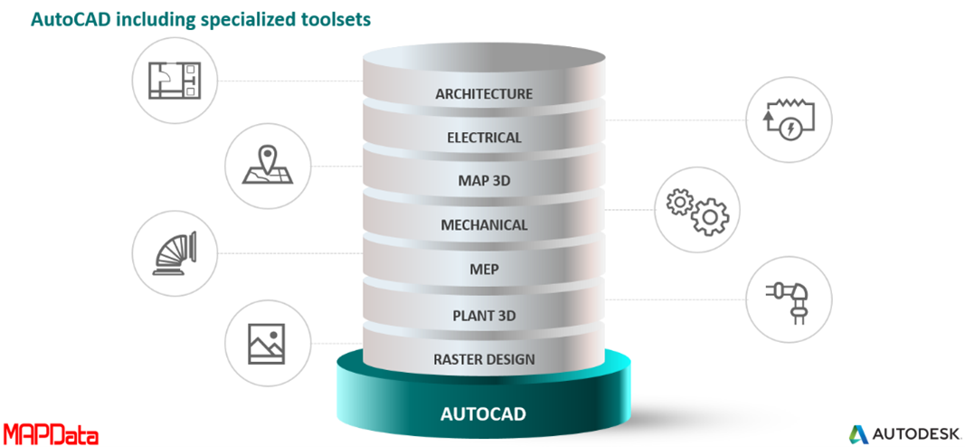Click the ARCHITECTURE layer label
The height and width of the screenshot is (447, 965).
pos(484,93)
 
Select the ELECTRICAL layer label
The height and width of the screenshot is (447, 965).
pos(484,138)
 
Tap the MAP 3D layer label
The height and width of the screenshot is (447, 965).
pos(484,181)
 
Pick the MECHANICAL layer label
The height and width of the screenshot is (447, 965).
pos(484,224)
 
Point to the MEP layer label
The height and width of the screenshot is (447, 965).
pos(484,269)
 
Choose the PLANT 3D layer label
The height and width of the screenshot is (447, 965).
pos(484,315)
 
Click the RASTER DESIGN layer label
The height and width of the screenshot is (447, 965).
pos(484,359)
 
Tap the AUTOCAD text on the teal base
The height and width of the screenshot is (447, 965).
pos(483,415)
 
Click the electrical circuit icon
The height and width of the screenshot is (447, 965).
pos(786,119)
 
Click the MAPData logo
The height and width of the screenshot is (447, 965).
pos(51,433)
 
